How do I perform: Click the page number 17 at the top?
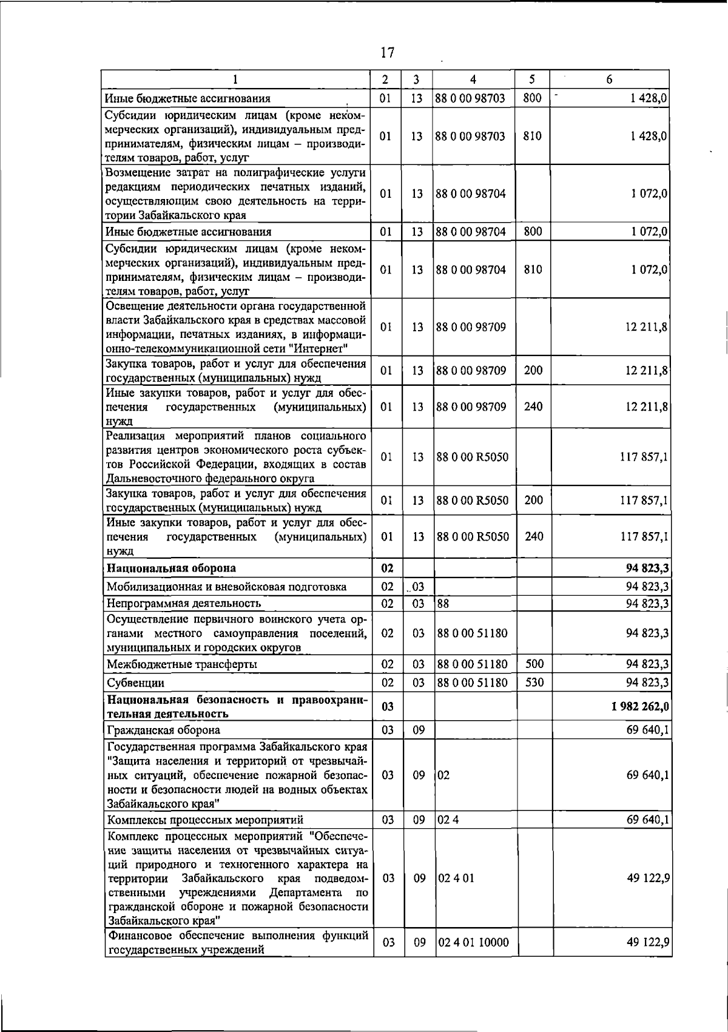(387, 53)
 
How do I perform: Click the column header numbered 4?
(473, 79)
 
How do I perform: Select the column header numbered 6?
(609, 79)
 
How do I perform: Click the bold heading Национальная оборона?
(171, 568)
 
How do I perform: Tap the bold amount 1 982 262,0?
(641, 707)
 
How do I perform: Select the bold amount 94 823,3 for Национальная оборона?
(647, 568)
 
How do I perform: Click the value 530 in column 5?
(534, 683)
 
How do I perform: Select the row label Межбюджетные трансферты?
(182, 664)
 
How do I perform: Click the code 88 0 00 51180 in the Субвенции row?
(472, 683)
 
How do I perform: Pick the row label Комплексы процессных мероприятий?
(205, 820)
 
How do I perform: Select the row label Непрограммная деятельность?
(184, 603)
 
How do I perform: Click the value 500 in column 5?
(534, 664)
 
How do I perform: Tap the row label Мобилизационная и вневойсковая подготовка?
(226, 587)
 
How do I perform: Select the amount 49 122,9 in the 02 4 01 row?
(647, 878)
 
